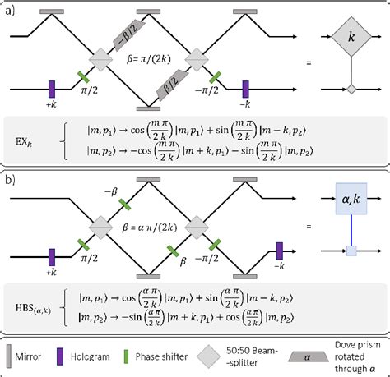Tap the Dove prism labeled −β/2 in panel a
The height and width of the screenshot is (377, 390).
pyautogui.click(x=131, y=34)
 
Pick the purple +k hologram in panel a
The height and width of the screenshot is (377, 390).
pyautogui.click(x=51, y=88)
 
